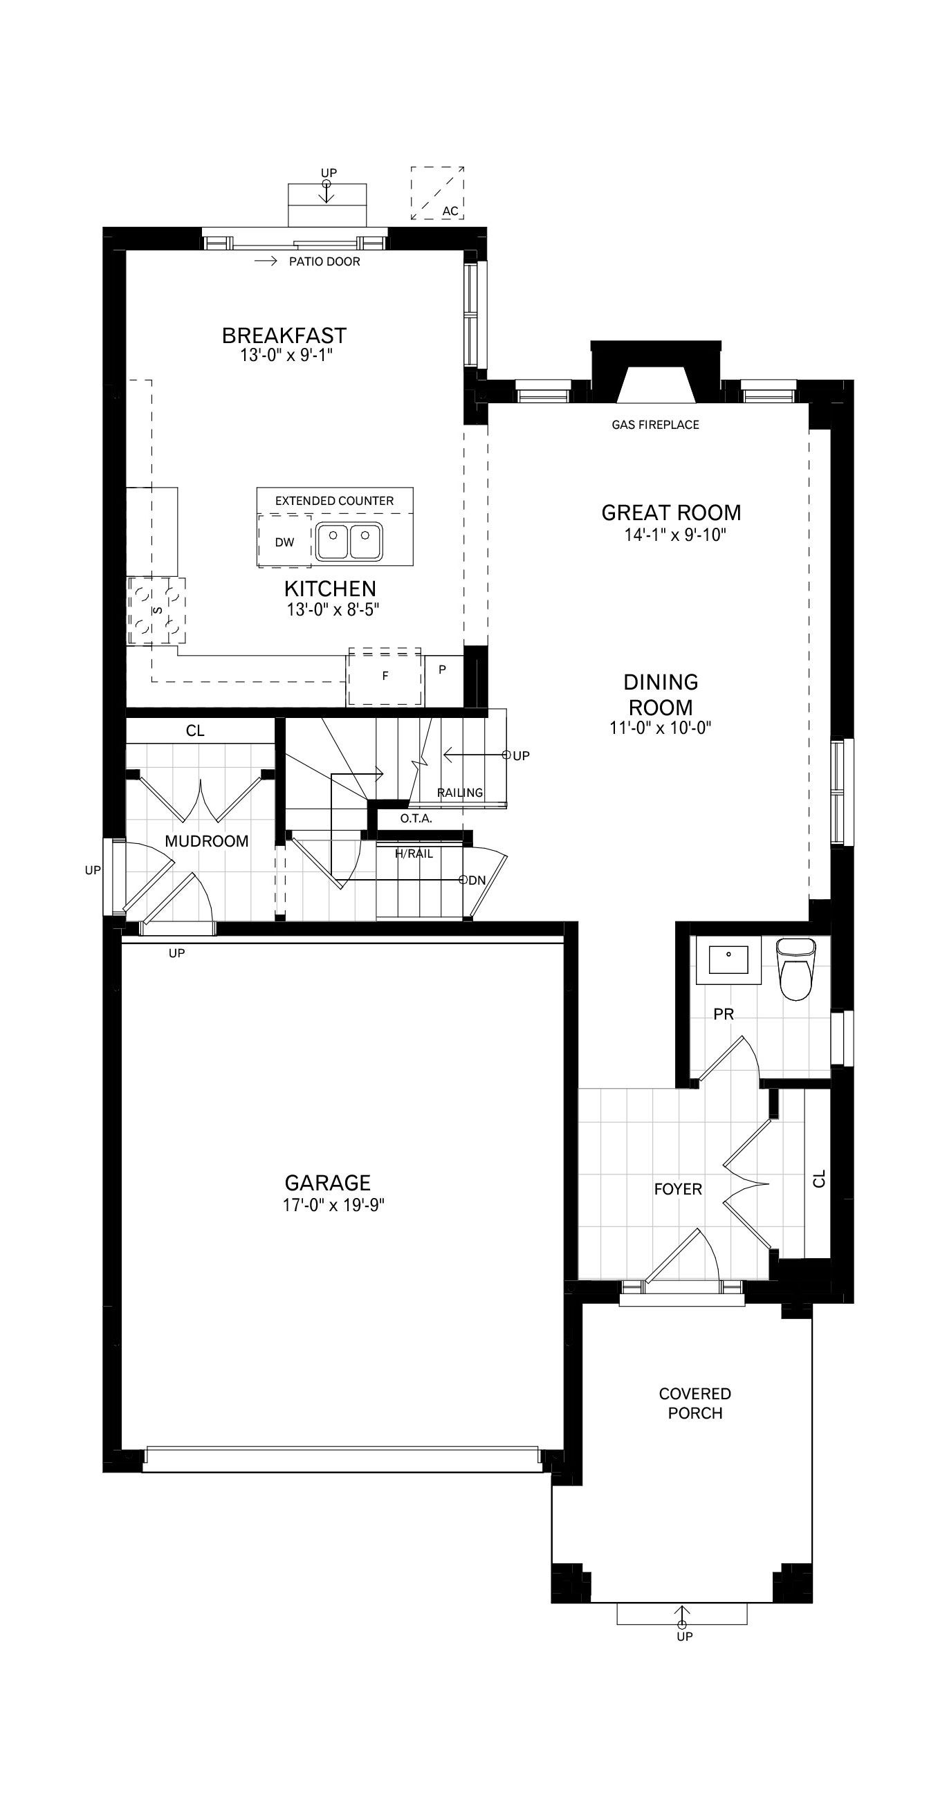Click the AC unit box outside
click(438, 192)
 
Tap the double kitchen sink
click(349, 541)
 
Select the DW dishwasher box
click(285, 541)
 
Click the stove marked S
click(156, 610)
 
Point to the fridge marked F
click(385, 676)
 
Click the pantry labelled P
click(443, 670)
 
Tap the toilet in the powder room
click(795, 968)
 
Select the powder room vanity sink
click(728, 959)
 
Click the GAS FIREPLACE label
click(655, 425)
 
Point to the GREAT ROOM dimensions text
click(674, 535)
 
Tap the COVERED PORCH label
click(695, 1403)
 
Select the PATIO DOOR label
click(324, 261)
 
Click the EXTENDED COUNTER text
click(334, 501)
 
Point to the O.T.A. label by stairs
click(416, 819)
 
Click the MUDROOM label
click(207, 841)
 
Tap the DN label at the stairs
click(477, 880)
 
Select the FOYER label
click(678, 1189)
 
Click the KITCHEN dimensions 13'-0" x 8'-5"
click(333, 609)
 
